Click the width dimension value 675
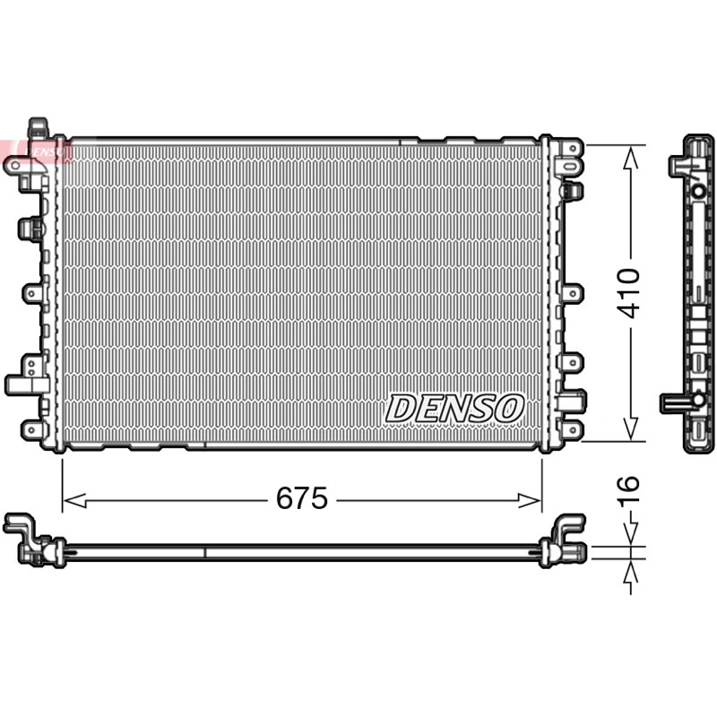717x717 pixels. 302,498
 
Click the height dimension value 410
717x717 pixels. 628,294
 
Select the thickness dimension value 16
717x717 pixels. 628,491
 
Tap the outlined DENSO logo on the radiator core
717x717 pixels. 454,409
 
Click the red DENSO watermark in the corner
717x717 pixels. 37,151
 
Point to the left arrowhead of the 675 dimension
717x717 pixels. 74,500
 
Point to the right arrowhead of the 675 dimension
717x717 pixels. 530,500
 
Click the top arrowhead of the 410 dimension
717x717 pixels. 631,157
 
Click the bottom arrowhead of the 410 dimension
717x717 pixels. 631,429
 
